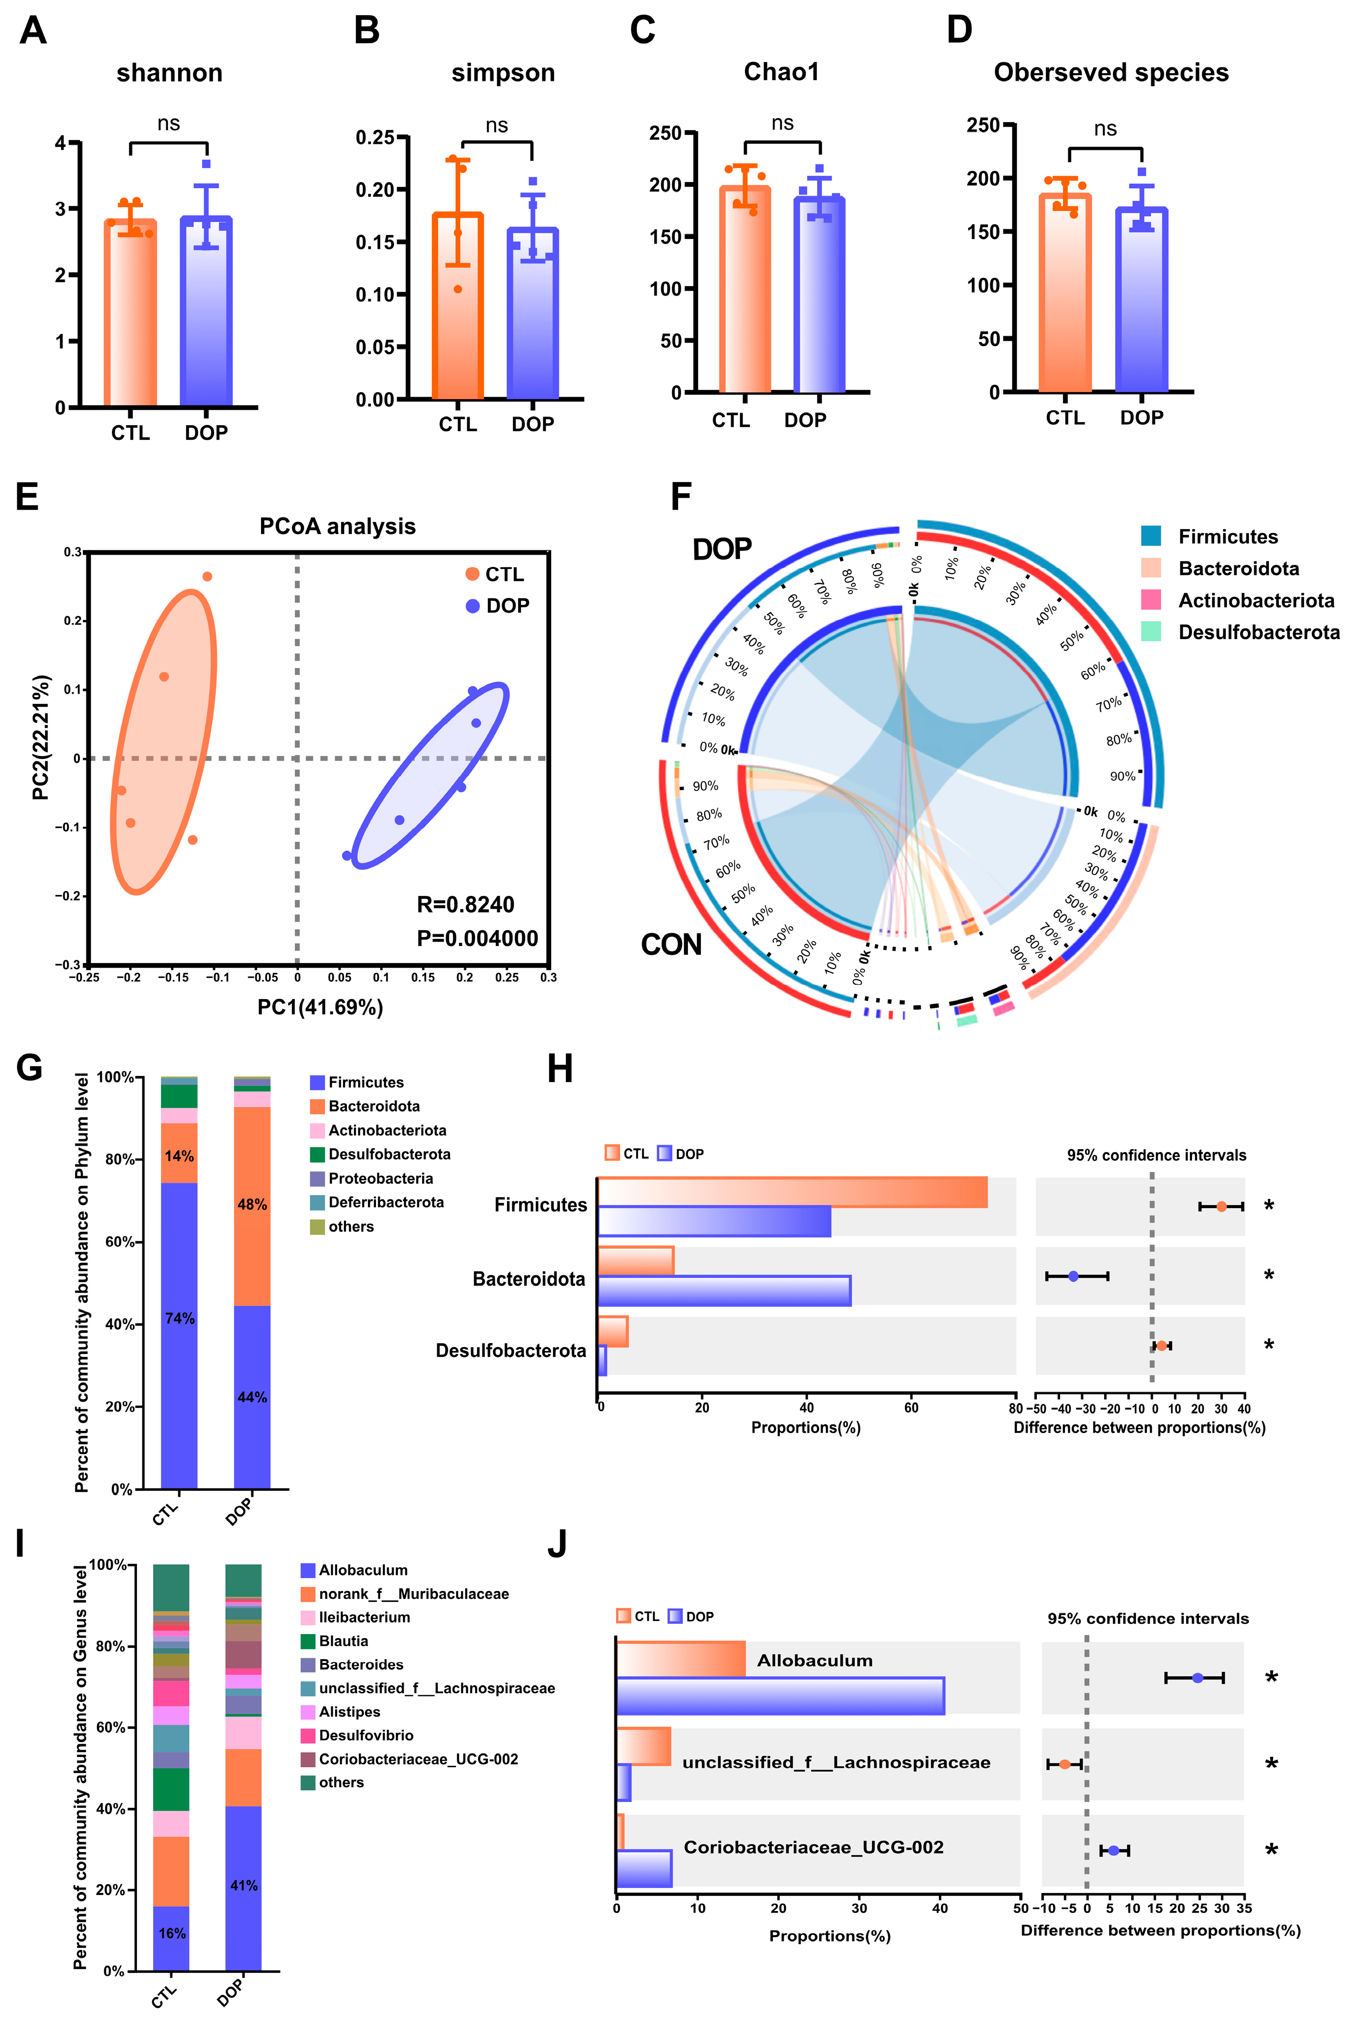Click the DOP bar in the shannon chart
tap(206, 310)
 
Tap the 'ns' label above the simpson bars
tap(497, 126)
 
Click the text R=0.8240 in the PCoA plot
tap(466, 905)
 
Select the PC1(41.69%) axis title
tap(320, 1007)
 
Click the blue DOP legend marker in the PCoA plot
tap(473, 606)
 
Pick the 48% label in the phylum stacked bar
tap(252, 1205)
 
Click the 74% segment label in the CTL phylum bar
tap(179, 1319)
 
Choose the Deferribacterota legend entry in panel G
tap(385, 1202)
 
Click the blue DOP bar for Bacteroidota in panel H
tap(724, 1291)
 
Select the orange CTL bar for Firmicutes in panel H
tap(792, 1192)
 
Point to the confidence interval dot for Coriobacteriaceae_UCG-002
tap(1113, 1850)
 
